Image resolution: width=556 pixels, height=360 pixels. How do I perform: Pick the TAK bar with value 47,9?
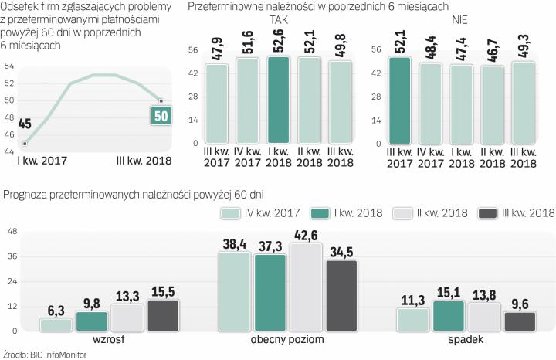(217, 104)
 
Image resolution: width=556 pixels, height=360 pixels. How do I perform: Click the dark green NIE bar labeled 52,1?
(399, 100)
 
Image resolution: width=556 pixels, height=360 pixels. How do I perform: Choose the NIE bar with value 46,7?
(491, 105)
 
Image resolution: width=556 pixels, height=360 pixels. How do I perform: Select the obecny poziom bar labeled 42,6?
(303, 287)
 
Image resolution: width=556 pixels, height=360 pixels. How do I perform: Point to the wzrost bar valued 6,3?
(56, 324)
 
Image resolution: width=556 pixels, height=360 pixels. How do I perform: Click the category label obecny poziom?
(276, 340)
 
